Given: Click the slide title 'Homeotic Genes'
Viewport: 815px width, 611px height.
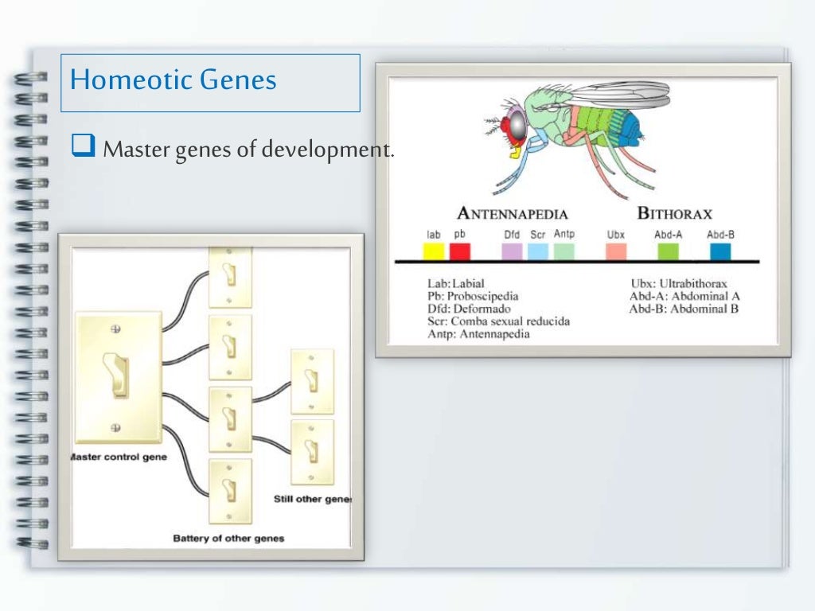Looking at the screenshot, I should coord(174,80).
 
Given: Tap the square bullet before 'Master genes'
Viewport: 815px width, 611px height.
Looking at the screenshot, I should coord(83,146).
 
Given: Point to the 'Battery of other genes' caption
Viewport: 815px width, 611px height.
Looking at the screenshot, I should coord(228,539).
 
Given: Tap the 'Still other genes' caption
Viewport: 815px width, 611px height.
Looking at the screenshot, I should coord(312,500).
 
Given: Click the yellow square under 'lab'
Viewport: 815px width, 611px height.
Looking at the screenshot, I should coord(433,251).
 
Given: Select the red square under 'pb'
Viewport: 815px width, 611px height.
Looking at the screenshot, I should coord(460,251).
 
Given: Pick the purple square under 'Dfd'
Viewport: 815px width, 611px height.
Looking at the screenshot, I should coord(513,251).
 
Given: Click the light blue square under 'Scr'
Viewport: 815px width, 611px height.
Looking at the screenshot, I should coord(538,251).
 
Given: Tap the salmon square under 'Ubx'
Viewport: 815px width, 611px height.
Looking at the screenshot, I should coord(616,251).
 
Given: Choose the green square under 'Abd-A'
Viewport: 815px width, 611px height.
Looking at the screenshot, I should coord(668,251).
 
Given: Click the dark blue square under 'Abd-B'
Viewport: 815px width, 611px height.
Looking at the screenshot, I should coord(720,251).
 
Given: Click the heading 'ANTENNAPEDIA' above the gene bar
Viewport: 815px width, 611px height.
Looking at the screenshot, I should coord(513,213).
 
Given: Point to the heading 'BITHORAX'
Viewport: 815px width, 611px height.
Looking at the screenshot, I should coord(674,213).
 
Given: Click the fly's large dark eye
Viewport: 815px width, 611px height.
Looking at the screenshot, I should coord(517,124).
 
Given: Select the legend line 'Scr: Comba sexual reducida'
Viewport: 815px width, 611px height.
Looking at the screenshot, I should coord(498,321).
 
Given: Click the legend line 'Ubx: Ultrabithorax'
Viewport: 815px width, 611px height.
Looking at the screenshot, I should coord(678,283).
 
